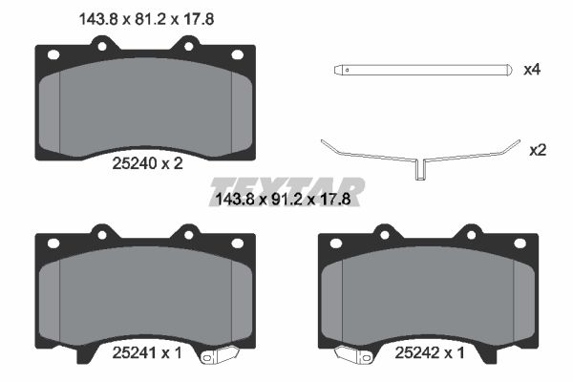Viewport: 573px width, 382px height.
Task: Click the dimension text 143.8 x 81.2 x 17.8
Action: (x=146, y=19)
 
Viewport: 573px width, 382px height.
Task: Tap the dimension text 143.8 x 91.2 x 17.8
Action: (x=284, y=200)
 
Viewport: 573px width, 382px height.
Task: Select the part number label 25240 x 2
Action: (x=147, y=163)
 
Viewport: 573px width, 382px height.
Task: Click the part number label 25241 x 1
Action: (x=147, y=352)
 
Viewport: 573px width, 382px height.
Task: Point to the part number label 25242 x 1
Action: (x=430, y=352)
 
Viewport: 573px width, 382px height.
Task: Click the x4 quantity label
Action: (x=532, y=70)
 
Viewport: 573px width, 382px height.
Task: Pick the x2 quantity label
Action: (x=538, y=150)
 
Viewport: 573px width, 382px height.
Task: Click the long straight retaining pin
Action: (x=423, y=70)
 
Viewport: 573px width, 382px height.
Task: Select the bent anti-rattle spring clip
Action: (x=420, y=159)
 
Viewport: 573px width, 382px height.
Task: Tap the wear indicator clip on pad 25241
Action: (x=220, y=354)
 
